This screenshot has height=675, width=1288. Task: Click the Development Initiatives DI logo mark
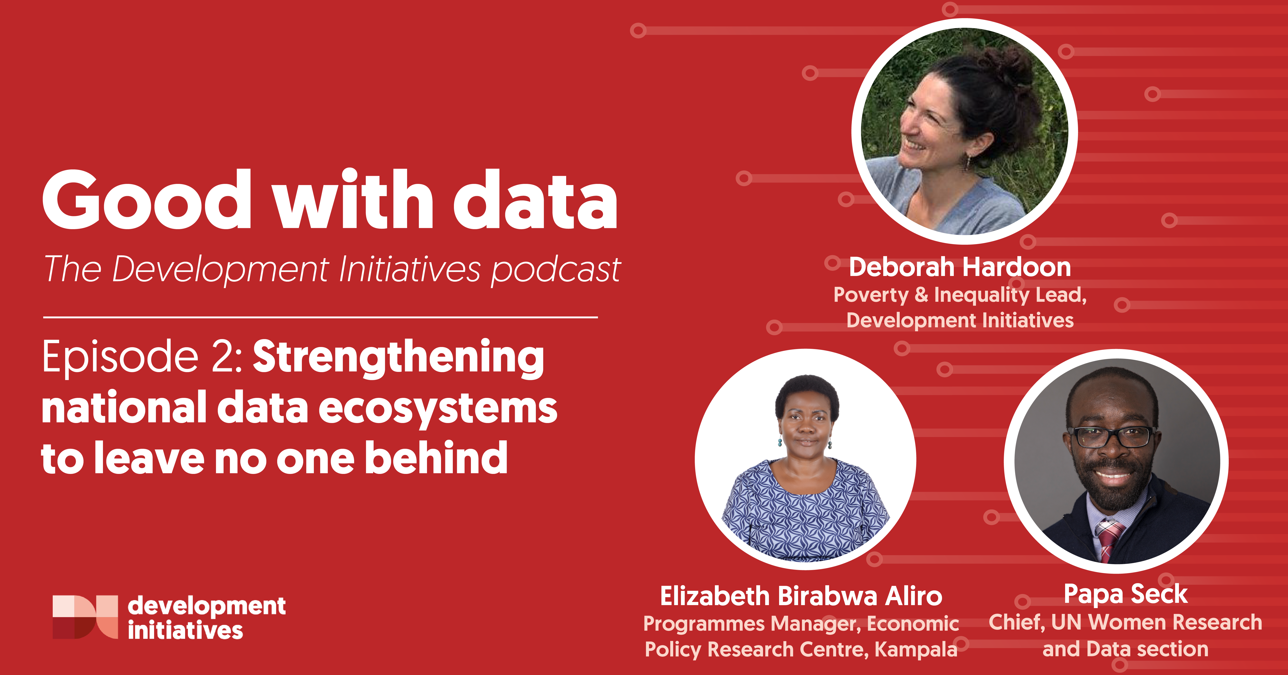pyautogui.click(x=85, y=616)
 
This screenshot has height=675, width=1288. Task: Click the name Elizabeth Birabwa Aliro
pyautogui.click(x=801, y=596)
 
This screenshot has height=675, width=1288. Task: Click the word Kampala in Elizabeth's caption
pyautogui.click(x=916, y=649)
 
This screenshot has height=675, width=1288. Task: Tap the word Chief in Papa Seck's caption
pyautogui.click(x=1016, y=623)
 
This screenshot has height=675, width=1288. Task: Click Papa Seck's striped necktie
pyautogui.click(x=1109, y=540)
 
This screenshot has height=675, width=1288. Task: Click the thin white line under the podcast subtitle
pyautogui.click(x=320, y=317)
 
